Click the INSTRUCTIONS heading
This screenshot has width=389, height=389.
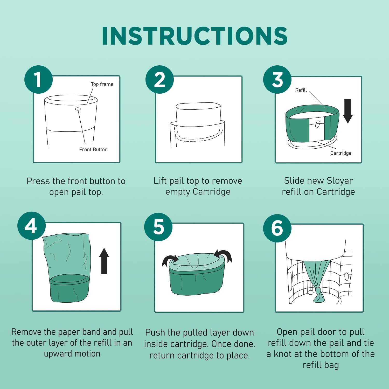click(195, 36)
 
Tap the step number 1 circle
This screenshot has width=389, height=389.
click(39, 79)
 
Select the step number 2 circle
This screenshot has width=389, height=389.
click(159, 79)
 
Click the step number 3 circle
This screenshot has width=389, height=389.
click(277, 79)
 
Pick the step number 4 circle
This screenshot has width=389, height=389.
click(32, 226)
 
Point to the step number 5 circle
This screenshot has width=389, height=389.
click(158, 227)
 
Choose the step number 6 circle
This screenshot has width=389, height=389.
click(277, 228)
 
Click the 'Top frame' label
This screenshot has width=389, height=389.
click(102, 84)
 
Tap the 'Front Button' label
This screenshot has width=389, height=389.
click(93, 149)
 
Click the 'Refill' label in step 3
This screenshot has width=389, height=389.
click(301, 90)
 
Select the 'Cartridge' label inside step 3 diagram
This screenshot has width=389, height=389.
click(341, 153)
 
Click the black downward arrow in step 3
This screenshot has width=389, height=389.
click(348, 111)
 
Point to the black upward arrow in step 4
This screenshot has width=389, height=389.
click(104, 261)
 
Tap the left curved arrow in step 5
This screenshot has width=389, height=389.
click(169, 260)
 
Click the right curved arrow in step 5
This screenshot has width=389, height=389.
click(224, 255)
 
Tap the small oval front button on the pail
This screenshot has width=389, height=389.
click(78, 109)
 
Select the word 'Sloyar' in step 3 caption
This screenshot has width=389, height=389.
click(340, 181)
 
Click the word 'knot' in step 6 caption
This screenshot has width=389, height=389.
click(285, 354)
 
